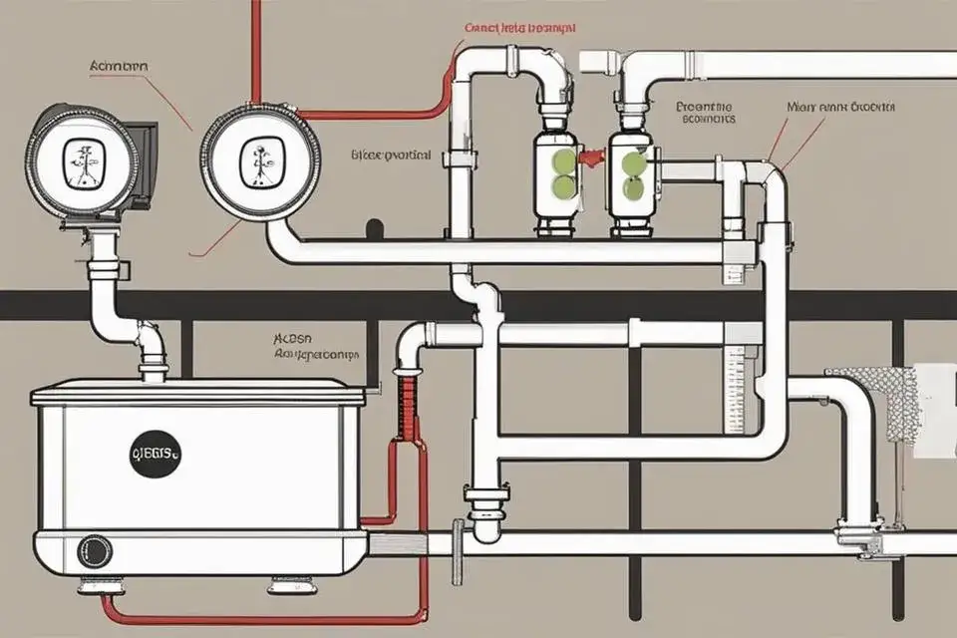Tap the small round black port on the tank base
[x=95, y=551]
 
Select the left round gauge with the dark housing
[x=80, y=160]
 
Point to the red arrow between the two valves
[x=593, y=158]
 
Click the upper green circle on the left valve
[x=564, y=160]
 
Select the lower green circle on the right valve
[x=632, y=187]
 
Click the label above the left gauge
[x=119, y=66]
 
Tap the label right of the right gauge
[x=391, y=156]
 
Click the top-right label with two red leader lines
[x=840, y=106]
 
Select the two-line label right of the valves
[x=705, y=111]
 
